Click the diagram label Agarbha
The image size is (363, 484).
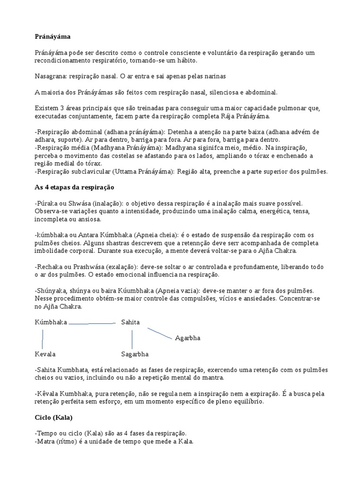188,338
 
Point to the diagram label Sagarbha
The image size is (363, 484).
135,354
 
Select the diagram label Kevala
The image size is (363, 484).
45,354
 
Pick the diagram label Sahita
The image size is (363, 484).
130,322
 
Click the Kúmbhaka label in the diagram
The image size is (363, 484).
51,322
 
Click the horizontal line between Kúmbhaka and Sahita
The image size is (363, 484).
93,324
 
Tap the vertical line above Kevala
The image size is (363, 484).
43,339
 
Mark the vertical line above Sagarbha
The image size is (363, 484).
132,339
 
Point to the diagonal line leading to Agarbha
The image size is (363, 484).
159,333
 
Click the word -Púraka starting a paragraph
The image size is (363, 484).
47,203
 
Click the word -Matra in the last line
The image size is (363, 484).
45,442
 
